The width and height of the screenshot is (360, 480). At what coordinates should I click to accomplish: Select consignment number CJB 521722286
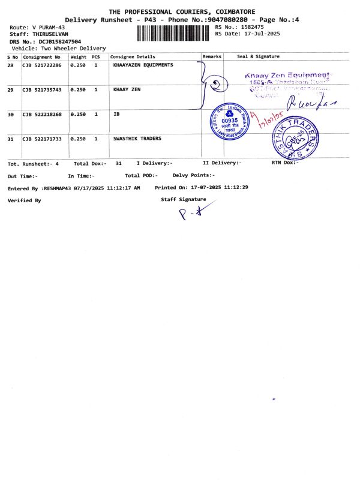[x=42, y=65]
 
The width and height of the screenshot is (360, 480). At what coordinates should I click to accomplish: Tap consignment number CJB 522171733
[x=42, y=139]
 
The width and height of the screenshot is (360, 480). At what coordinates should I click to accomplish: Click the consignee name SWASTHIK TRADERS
[x=137, y=139]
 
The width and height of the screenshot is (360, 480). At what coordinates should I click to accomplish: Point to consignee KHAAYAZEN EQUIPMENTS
[x=143, y=65]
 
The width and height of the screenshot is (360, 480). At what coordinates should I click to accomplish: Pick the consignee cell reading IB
[x=116, y=114]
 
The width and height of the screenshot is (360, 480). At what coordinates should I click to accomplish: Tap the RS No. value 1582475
[x=251, y=27]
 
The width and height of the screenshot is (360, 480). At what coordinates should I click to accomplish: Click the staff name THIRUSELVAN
[x=52, y=34]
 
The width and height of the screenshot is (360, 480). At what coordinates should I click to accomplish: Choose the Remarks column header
[x=212, y=56]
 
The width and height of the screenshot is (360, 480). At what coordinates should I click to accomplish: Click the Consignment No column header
[x=42, y=57]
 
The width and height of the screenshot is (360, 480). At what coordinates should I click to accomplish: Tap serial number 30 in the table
[x=11, y=114]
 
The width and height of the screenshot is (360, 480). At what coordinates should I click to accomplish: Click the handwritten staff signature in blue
[x=191, y=214]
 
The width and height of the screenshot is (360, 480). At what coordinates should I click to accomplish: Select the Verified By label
[x=24, y=200]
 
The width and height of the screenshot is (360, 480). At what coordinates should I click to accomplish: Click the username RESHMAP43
[x=56, y=188]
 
